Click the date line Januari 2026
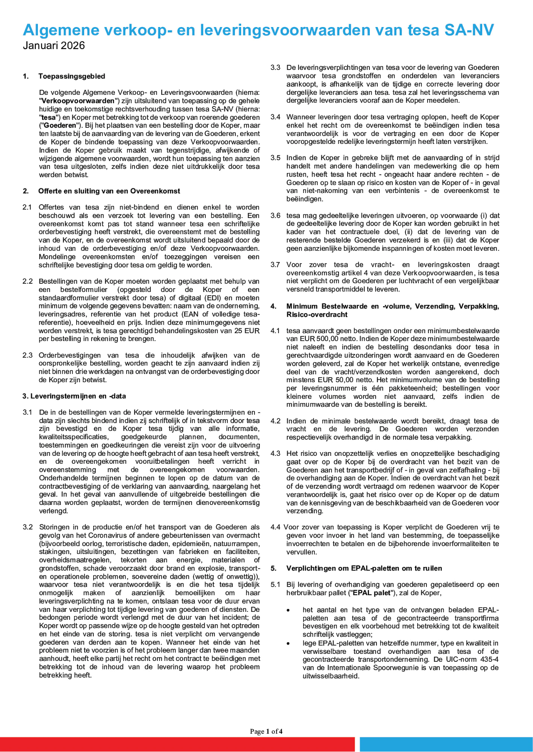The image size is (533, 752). (54, 46)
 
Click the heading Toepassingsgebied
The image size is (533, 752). (71, 76)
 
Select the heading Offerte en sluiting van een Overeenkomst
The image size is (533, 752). (109, 191)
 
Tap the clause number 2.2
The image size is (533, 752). (28, 282)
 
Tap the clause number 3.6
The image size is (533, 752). (275, 216)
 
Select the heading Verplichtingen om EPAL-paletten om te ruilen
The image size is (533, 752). (364, 568)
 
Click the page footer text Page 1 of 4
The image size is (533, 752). (266, 731)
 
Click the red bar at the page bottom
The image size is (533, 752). (177, 744)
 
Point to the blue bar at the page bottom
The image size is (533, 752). (446, 744)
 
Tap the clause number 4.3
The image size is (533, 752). (275, 454)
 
